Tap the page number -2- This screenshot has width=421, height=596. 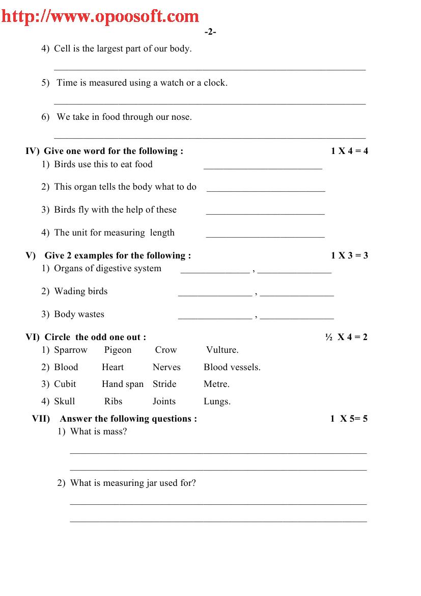coord(210,32)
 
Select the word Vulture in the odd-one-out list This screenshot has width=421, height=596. coord(221,350)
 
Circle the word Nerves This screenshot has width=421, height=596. coord(166,367)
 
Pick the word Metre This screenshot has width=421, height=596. coord(216,384)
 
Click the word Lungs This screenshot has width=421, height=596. coord(216,401)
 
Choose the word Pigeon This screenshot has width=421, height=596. coord(118,350)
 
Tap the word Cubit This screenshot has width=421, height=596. coord(65,384)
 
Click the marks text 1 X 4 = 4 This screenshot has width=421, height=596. coord(349,151)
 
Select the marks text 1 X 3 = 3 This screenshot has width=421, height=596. coord(349,255)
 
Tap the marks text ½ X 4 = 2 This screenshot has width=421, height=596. coord(346,337)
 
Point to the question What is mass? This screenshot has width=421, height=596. coord(98,431)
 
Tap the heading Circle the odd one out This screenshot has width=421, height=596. coord(95,337)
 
